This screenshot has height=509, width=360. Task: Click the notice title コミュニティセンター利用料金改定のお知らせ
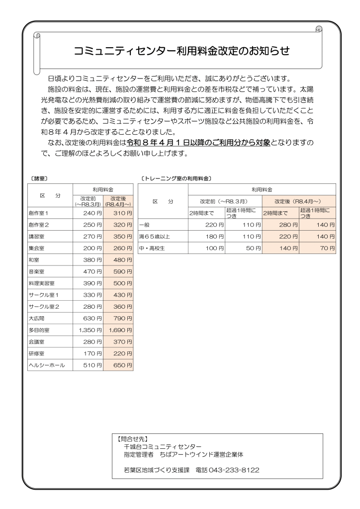181,51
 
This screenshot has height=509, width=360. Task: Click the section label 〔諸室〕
38,177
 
